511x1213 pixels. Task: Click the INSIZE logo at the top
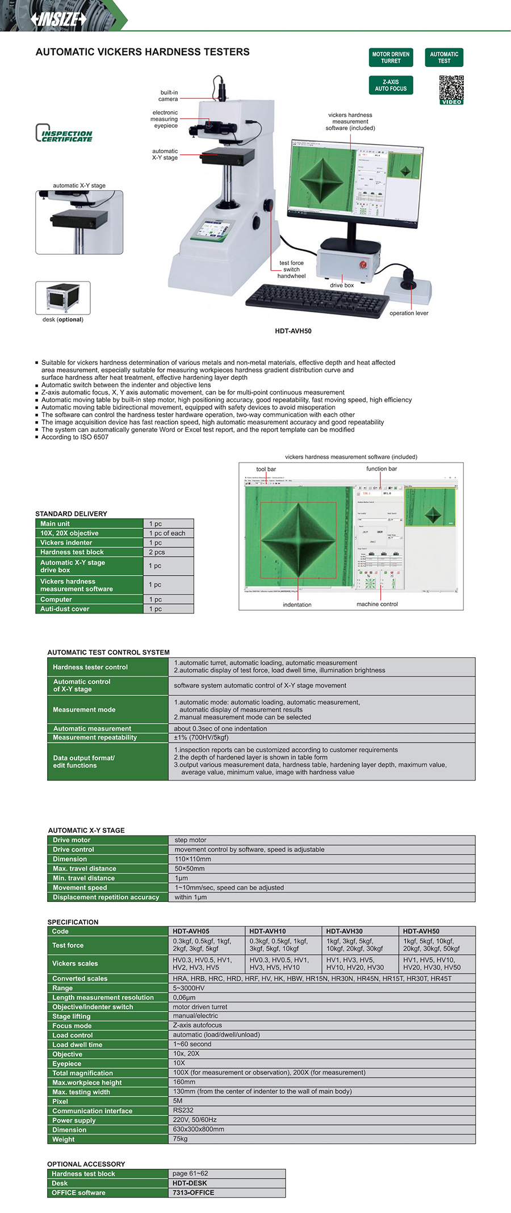(59, 19)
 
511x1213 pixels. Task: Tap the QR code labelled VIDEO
(451, 90)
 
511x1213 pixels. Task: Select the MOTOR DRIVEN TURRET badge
(391, 58)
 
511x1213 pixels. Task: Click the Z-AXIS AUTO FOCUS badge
(391, 85)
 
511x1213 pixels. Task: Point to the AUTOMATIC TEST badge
(444, 58)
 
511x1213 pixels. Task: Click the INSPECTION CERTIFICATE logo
(64, 133)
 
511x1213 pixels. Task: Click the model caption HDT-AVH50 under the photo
(293, 331)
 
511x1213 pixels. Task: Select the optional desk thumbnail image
(62, 297)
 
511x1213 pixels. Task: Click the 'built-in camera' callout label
(169, 96)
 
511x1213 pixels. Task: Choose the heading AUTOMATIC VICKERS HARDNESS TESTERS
(143, 52)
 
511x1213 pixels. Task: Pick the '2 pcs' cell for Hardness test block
(157, 552)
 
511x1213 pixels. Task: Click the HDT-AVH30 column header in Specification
(344, 931)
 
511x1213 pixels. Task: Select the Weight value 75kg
(180, 1139)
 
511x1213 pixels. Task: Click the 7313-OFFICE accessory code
(194, 1193)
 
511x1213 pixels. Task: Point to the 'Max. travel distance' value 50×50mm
(190, 868)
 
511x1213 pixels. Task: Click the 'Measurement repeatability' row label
(95, 737)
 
